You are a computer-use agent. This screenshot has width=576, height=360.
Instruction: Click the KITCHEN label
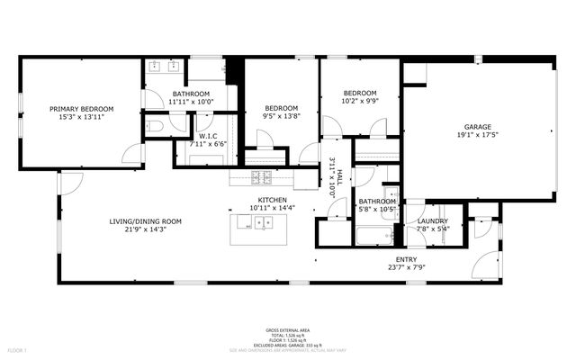click(273, 200)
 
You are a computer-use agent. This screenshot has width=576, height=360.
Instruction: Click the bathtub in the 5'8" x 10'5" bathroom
click(373, 237)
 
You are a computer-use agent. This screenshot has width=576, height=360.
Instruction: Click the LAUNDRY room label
click(433, 220)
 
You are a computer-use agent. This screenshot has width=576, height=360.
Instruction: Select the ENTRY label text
click(407, 259)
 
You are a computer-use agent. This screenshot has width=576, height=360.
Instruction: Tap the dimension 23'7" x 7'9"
click(407, 267)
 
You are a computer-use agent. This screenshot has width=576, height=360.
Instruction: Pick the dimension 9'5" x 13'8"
click(280, 116)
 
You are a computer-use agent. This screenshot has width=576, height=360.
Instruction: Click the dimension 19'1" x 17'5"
click(477, 135)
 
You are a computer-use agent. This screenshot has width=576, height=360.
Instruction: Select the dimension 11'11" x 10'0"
click(191, 102)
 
